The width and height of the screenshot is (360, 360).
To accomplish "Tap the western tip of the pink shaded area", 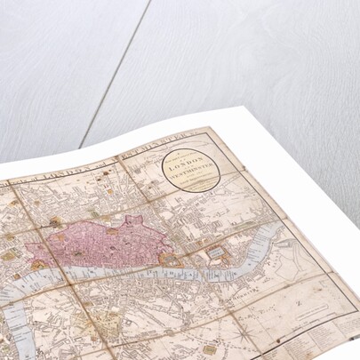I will [28, 249].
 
